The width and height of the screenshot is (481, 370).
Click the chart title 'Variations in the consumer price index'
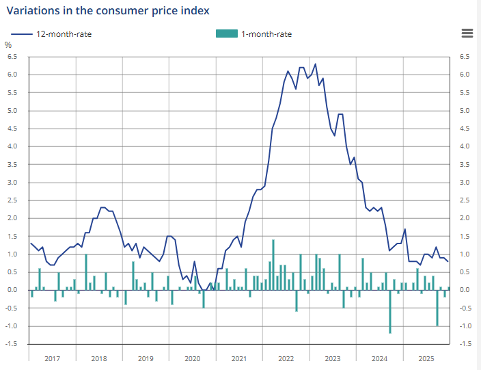(x=108, y=10)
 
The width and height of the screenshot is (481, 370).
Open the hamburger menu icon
(x=467, y=34)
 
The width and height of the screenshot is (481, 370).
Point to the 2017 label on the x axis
(x=51, y=358)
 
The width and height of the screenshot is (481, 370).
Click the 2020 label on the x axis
(x=193, y=358)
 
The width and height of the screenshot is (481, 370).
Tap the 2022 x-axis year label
(x=286, y=358)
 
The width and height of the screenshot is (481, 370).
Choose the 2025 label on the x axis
(x=426, y=358)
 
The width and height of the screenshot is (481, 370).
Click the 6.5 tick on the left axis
(x=12, y=57)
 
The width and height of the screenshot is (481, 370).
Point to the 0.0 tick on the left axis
(x=12, y=290)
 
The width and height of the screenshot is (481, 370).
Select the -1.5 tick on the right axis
(x=465, y=344)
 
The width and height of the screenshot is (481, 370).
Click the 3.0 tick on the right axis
(x=465, y=183)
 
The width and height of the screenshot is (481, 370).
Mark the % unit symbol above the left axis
(x=8, y=45)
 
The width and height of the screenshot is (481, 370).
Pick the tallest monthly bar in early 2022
(x=273, y=265)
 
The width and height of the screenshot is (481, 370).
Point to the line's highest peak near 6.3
(x=315, y=64)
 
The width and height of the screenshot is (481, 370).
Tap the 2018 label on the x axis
(x=98, y=358)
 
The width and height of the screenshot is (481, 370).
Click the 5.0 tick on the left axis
(x=12, y=111)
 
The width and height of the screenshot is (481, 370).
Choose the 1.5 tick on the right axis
(x=465, y=236)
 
